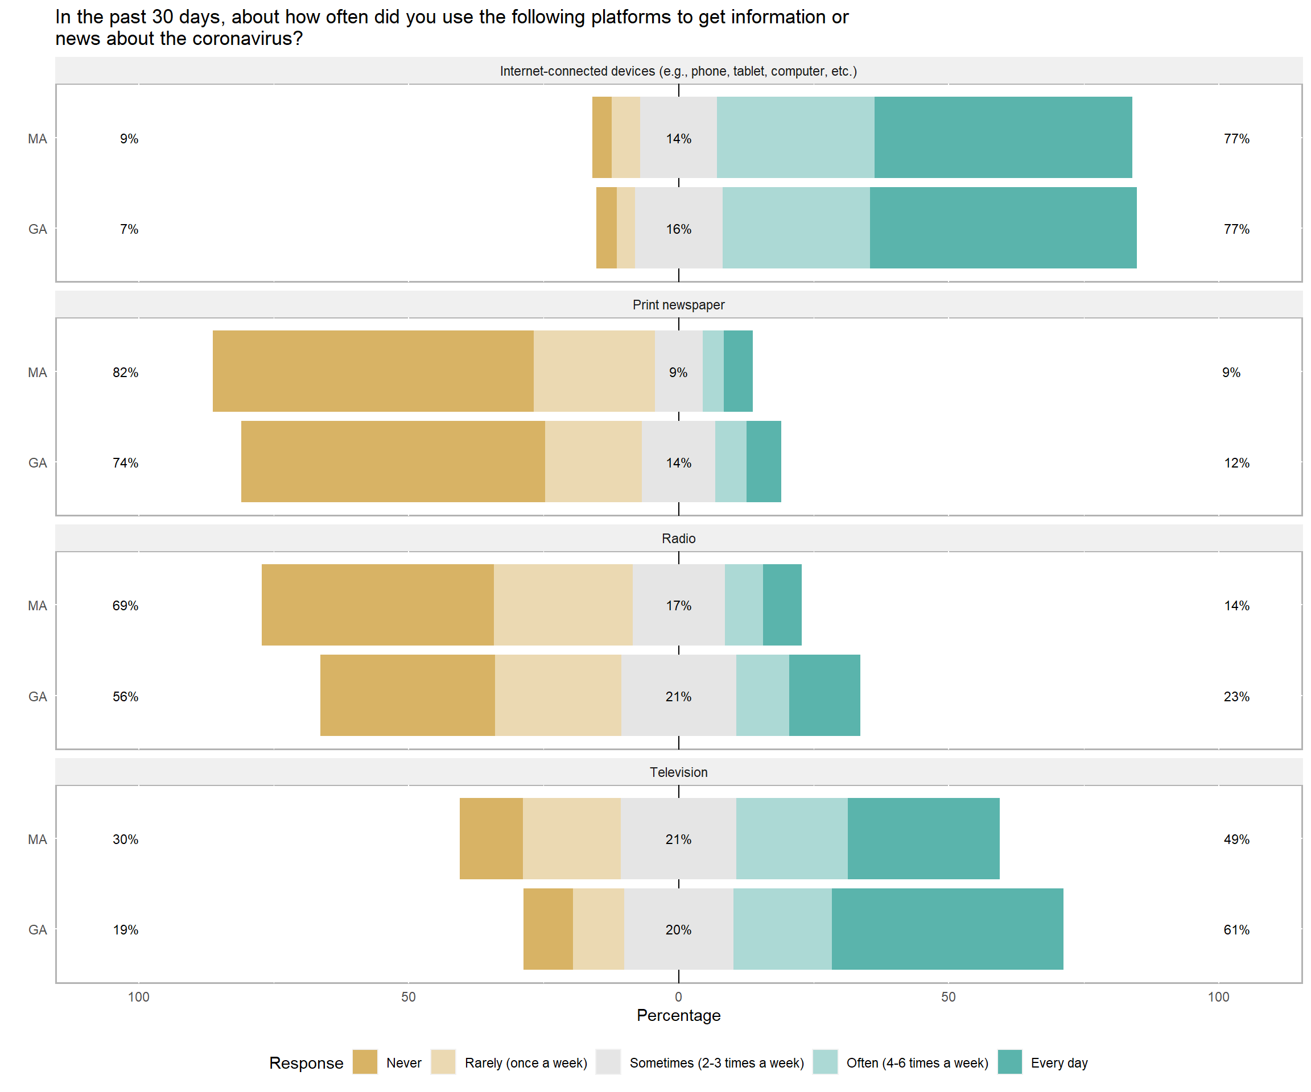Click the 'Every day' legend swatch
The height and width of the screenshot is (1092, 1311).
(x=1009, y=1062)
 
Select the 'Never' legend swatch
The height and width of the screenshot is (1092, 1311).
(x=365, y=1062)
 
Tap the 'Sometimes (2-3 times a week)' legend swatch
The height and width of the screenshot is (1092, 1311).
(x=608, y=1062)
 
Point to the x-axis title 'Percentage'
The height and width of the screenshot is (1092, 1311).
(x=679, y=1015)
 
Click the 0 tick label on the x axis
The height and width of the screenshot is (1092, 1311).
(x=679, y=996)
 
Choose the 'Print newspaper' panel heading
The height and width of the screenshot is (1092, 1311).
(x=679, y=304)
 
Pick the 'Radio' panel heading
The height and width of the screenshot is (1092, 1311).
(x=679, y=539)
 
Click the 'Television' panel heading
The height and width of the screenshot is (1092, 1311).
(x=679, y=772)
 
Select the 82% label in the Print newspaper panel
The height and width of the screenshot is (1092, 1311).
(x=126, y=373)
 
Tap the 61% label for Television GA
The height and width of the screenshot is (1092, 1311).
(x=1236, y=930)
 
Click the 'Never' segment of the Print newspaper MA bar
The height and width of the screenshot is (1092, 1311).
(x=373, y=371)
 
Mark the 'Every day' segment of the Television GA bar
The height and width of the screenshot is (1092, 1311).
(x=947, y=929)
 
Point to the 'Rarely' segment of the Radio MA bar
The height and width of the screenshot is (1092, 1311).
(x=563, y=605)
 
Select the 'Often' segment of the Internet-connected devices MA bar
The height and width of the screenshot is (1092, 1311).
(x=795, y=137)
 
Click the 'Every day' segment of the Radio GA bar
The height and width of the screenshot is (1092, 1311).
(x=824, y=695)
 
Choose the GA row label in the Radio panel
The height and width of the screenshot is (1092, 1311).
(x=38, y=696)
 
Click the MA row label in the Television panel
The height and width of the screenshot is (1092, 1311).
(x=38, y=839)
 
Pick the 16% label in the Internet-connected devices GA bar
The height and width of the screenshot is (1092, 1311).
(x=679, y=229)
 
